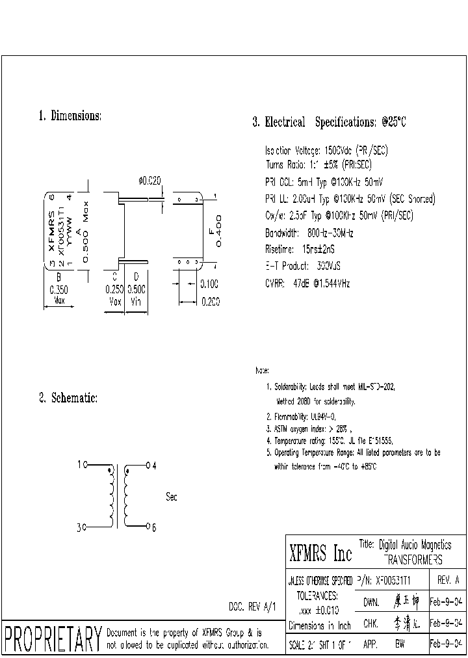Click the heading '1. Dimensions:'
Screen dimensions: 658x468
70,116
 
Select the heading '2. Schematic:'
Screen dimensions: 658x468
68,398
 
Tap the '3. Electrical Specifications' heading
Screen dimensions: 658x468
329,122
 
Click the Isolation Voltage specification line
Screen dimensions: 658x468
327,150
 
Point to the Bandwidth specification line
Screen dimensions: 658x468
309,233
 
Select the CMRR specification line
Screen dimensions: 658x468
307,283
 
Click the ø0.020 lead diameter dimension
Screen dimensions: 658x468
149,181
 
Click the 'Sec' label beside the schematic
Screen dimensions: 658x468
172,497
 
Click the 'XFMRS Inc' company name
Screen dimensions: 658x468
320,554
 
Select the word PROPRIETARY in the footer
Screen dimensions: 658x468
53,638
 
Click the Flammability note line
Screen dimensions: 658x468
302,417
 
